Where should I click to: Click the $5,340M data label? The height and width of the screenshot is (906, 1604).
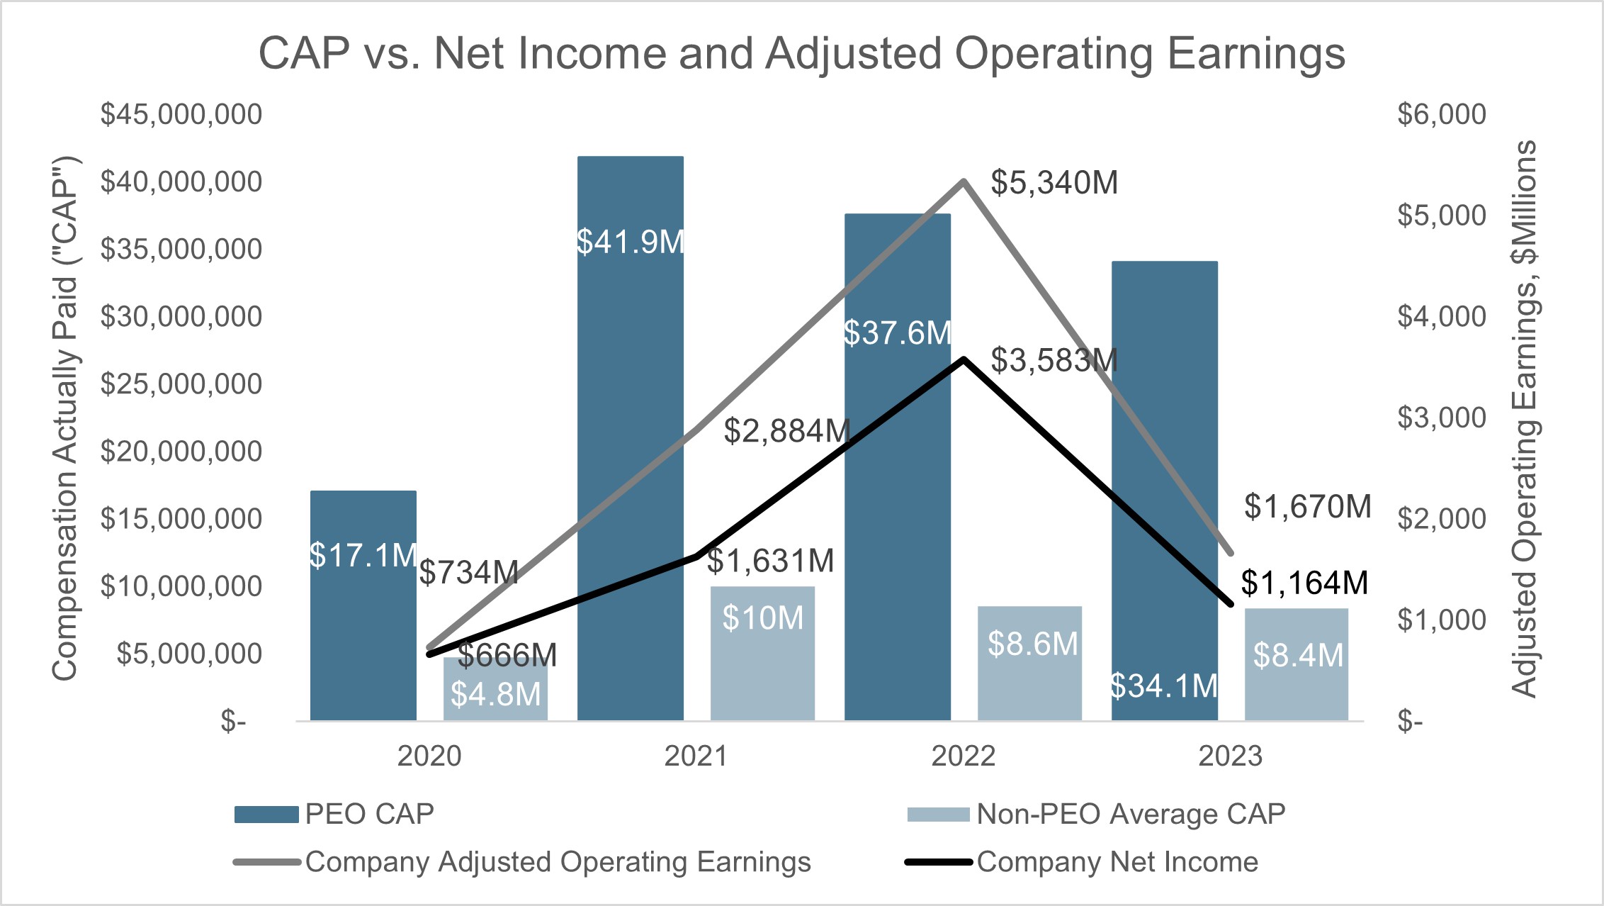(x=1054, y=183)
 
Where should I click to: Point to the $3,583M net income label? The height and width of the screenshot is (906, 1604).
(x=1054, y=360)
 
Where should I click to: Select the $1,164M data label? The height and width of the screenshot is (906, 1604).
(x=1304, y=583)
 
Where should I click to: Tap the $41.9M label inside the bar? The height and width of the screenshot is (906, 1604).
(x=631, y=242)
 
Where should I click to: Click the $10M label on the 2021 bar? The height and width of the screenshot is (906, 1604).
(x=762, y=618)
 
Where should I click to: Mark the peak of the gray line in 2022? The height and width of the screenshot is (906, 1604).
(x=964, y=181)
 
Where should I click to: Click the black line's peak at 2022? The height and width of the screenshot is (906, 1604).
(x=964, y=359)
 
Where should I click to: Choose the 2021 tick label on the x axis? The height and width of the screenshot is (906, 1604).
(x=696, y=756)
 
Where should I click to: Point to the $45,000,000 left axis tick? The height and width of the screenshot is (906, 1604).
(x=181, y=114)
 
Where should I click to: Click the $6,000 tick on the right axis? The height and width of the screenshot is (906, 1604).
(x=1441, y=114)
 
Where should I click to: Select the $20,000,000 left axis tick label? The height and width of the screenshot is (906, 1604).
(x=181, y=452)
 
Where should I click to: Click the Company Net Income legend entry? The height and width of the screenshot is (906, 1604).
(x=1117, y=862)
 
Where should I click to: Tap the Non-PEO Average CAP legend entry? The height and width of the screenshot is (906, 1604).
(x=1130, y=814)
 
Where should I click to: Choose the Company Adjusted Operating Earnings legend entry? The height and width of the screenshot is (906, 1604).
(x=558, y=862)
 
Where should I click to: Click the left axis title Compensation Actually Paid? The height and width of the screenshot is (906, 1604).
(x=64, y=418)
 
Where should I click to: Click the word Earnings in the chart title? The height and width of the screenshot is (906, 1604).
(x=1255, y=53)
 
